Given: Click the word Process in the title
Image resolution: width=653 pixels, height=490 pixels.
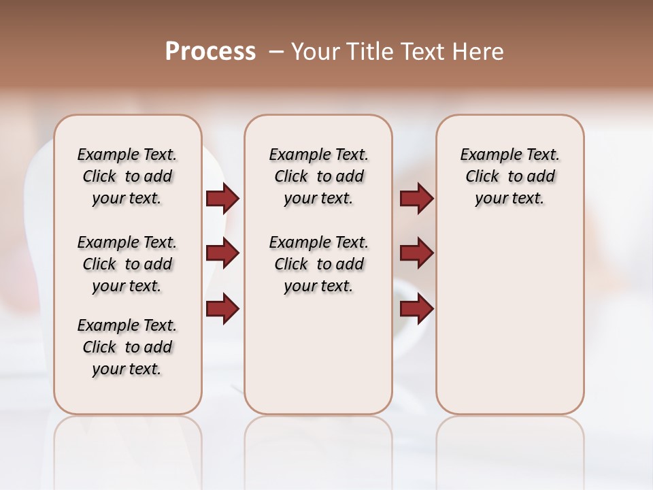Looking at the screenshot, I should [210, 52].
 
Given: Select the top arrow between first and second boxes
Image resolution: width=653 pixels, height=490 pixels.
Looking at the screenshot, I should [222, 199].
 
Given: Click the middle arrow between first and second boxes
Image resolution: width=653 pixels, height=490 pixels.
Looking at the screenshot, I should [222, 253].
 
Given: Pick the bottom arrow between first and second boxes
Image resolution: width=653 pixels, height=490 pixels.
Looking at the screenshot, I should [222, 309].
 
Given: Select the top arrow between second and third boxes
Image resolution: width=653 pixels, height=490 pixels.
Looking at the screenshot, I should [416, 199].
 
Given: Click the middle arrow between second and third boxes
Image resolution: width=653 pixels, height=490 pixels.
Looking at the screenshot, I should [416, 253].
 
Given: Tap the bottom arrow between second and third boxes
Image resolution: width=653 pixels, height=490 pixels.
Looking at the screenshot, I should [416, 309].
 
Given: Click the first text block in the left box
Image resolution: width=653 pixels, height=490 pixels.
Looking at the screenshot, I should [127, 176].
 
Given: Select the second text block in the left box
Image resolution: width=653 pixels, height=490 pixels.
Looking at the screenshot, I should [127, 264].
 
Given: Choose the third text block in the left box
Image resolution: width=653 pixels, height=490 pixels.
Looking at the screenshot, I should [127, 347].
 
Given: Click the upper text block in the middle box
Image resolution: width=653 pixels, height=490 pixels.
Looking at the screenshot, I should [318, 176].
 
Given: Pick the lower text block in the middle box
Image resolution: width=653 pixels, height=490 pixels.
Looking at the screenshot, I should [318, 264].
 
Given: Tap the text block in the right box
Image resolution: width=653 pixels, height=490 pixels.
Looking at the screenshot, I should [509, 176].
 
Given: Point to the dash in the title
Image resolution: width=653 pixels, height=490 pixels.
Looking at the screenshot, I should [276, 52].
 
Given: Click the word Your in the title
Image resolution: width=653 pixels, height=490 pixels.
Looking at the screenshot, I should [316, 52].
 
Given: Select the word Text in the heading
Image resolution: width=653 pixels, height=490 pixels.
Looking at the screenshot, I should [424, 52].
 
